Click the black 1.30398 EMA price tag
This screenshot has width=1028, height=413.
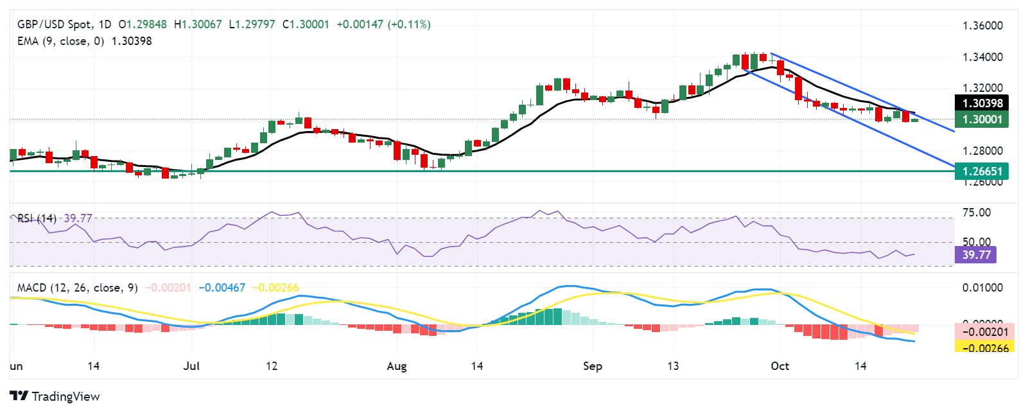click(x=982, y=103)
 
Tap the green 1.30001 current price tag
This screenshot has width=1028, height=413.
click(x=982, y=119)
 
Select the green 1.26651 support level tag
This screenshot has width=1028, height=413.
click(x=982, y=171)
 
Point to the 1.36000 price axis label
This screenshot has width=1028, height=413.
click(x=982, y=26)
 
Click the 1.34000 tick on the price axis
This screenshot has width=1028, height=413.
click(x=982, y=57)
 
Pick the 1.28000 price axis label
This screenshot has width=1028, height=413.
click(x=982, y=151)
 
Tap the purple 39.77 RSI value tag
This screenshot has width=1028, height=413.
click(x=976, y=255)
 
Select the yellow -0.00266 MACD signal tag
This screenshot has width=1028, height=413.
click(x=985, y=348)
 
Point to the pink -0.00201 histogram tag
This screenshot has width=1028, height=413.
click(x=985, y=332)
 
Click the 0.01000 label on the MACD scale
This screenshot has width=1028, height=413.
click(x=982, y=288)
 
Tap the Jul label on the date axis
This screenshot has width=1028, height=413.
click(x=191, y=366)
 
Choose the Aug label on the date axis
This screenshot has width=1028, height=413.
click(x=397, y=366)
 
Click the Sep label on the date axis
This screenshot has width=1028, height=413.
click(x=593, y=366)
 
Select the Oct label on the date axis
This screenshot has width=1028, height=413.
click(x=780, y=366)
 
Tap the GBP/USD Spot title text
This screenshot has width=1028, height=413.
click(x=54, y=24)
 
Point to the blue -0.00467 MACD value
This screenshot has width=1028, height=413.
click(x=222, y=288)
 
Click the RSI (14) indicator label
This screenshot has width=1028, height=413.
click(x=37, y=218)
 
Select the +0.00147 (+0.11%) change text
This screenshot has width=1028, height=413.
click(x=383, y=24)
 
